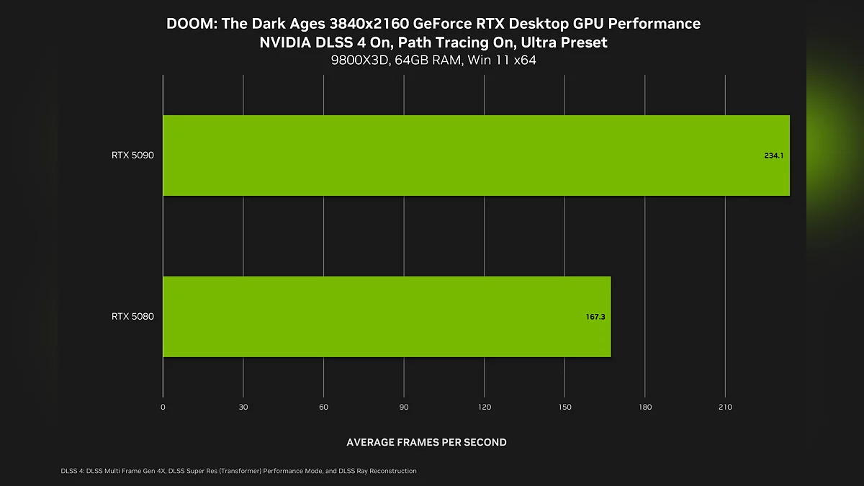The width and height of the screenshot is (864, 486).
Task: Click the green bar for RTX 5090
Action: point(475,156)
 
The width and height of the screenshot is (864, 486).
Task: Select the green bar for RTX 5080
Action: point(387,317)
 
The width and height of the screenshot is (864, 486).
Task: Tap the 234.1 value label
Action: point(773,156)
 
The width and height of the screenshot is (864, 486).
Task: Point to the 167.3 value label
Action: point(595,317)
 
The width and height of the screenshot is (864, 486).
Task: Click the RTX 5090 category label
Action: point(132,156)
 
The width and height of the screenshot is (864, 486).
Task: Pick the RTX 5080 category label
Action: point(132,317)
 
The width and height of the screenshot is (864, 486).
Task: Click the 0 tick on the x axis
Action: point(163,408)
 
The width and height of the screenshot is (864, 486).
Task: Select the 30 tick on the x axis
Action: point(243,408)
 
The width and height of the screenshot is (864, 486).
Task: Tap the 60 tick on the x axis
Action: point(324,408)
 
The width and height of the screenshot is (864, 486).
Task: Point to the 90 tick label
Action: point(404,408)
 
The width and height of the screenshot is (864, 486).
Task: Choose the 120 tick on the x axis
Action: point(485,408)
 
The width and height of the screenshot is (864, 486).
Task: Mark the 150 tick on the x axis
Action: point(564,408)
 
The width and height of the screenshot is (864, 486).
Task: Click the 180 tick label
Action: point(645,408)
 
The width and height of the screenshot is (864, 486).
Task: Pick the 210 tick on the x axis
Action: point(725,408)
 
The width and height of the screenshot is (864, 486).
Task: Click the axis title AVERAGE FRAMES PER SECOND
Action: point(426,442)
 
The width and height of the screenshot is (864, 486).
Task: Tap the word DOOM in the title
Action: point(189,24)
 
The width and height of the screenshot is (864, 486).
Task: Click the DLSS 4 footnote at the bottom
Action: point(239,471)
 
